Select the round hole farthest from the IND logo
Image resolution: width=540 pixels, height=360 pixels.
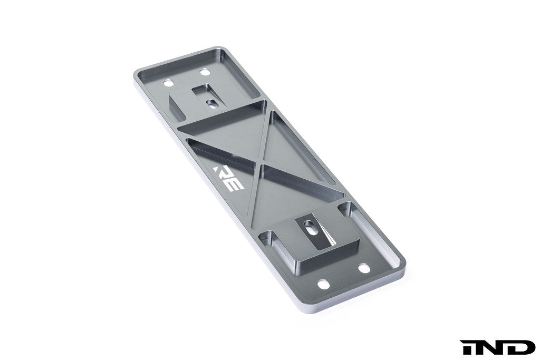pos(168,83)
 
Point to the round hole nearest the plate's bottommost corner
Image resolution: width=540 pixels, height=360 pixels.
pos(323,285)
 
